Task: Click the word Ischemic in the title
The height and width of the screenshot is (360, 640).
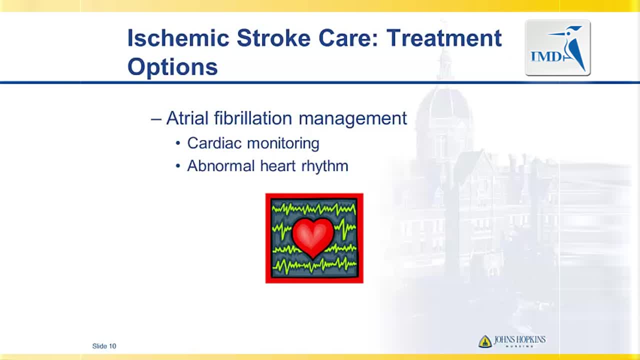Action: click(x=178, y=37)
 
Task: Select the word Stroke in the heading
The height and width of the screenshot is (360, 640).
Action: click(x=273, y=37)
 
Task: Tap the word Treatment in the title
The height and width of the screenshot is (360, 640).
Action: click(x=444, y=37)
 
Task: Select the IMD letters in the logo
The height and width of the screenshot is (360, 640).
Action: click(x=546, y=56)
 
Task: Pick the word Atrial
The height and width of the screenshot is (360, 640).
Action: click(x=187, y=118)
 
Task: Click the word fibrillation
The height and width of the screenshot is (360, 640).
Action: click(x=253, y=118)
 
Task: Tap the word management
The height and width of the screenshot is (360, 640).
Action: click(x=353, y=118)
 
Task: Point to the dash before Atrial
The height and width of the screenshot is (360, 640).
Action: click(x=156, y=119)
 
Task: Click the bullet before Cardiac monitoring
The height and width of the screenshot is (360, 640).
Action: click(x=178, y=143)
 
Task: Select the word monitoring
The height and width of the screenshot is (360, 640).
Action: click(x=283, y=143)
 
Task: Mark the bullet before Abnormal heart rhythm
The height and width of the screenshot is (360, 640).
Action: click(x=178, y=165)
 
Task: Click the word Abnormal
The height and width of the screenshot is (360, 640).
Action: click(x=221, y=165)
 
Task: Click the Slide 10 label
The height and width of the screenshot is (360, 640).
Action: click(x=104, y=346)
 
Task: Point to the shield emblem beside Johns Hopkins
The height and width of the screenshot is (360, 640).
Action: click(x=485, y=341)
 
